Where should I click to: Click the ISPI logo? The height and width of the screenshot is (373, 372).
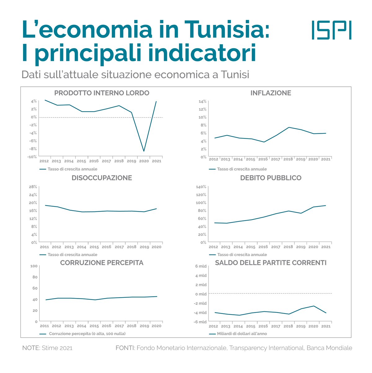(331, 30)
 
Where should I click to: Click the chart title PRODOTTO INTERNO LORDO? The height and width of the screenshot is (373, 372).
(102, 93)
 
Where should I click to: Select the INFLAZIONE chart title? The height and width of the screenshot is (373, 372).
(271, 93)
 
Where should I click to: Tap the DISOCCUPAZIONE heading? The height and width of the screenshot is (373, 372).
(102, 178)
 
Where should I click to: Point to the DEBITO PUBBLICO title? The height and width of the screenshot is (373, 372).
(271, 178)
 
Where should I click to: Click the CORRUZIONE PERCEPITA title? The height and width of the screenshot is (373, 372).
(102, 263)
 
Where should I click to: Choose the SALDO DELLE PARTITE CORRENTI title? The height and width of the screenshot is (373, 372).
(271, 263)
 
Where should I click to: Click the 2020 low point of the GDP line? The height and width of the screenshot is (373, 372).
(144, 151)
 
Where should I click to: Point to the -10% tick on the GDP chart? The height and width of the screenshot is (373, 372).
(32, 157)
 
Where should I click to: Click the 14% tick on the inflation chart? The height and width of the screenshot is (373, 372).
(202, 102)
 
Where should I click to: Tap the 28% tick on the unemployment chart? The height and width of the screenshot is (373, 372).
(33, 187)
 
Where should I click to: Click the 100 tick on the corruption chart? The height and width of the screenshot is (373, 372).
(34, 266)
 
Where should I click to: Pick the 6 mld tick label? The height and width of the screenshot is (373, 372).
(201, 266)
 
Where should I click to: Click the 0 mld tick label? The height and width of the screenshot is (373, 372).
(201, 294)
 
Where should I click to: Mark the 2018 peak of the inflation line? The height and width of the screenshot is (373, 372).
(288, 127)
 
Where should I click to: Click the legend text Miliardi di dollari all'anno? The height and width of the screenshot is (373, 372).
(242, 334)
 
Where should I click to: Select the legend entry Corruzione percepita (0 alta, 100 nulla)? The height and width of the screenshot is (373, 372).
(87, 334)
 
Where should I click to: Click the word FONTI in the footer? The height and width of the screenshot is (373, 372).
(125, 348)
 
